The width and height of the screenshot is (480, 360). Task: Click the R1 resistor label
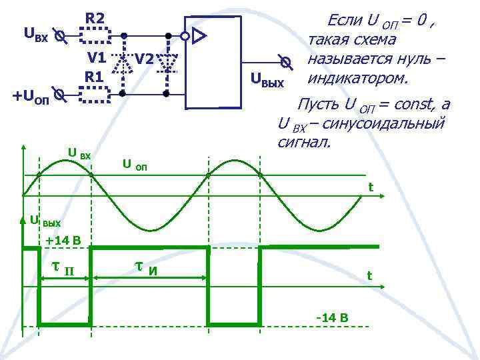click(93, 77)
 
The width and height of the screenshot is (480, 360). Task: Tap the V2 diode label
click(144, 59)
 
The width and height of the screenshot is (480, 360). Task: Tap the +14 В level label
click(63, 240)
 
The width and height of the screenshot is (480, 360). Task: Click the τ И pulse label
click(146, 268)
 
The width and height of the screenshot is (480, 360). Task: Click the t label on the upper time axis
click(371, 187)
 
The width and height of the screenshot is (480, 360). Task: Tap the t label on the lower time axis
click(369, 275)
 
